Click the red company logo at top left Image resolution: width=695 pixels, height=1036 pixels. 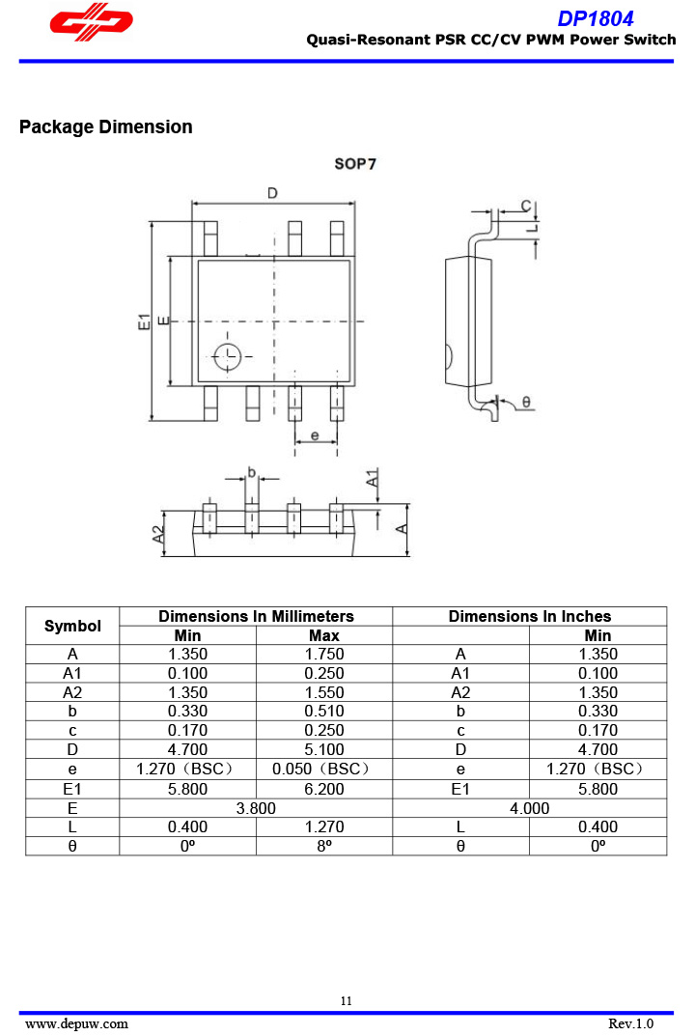point(91,22)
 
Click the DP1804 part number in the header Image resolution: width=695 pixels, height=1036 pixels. point(596,18)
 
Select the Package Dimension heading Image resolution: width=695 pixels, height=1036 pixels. point(106,126)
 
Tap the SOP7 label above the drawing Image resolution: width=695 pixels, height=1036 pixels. point(355,164)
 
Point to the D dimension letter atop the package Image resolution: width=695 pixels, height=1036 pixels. point(272,193)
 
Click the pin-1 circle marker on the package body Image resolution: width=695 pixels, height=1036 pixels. point(227,357)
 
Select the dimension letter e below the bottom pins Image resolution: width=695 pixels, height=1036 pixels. point(315,435)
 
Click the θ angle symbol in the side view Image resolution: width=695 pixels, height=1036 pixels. point(526,402)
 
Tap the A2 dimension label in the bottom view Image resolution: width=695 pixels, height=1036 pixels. point(158,534)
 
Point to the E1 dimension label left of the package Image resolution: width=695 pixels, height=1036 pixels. point(144,322)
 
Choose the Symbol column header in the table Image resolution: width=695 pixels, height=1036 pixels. point(72,626)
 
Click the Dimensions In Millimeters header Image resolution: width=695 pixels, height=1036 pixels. point(257,616)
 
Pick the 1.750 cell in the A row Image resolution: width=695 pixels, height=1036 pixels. point(324,654)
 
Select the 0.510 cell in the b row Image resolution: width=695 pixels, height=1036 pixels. point(324,711)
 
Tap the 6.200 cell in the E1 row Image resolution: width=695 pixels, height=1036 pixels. point(324,789)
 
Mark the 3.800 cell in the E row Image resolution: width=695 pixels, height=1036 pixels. point(256,808)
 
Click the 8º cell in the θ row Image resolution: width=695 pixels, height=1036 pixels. point(324,846)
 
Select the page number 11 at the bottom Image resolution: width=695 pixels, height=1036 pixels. point(347,1000)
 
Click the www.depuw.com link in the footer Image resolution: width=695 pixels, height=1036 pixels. point(76,1023)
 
